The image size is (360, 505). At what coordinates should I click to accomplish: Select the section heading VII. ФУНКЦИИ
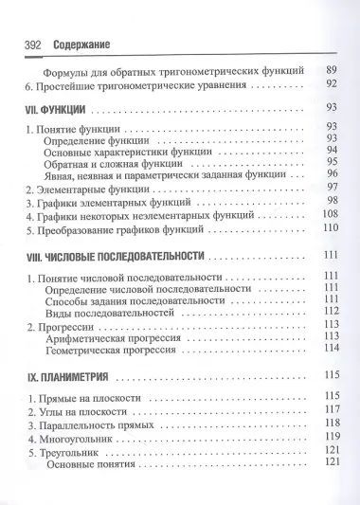[x=62, y=108]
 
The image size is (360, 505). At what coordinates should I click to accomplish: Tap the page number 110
[x=331, y=228]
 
